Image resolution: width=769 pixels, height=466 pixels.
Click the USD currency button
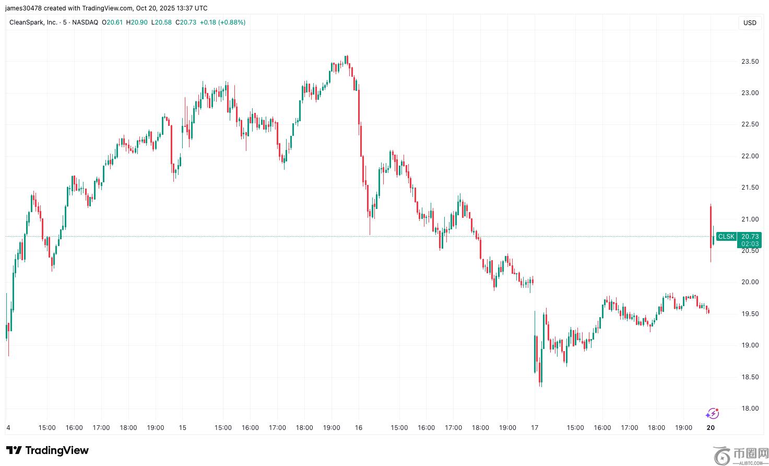(x=750, y=23)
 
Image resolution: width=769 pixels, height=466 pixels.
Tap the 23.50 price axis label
(x=750, y=62)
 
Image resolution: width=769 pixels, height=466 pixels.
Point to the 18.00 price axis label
(x=750, y=409)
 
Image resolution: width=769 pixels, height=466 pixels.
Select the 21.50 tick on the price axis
(x=750, y=188)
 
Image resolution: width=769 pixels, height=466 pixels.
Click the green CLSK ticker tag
(x=726, y=237)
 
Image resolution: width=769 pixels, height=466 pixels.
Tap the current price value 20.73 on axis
(x=749, y=237)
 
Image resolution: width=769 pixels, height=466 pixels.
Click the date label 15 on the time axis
(x=182, y=428)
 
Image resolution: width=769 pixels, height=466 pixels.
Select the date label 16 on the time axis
(x=358, y=428)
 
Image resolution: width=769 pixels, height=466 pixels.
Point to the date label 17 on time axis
(x=534, y=428)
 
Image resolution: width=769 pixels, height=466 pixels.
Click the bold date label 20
(x=711, y=428)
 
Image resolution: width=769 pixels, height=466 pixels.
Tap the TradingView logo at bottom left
(x=48, y=450)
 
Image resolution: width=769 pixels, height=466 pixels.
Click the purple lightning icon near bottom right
(x=712, y=414)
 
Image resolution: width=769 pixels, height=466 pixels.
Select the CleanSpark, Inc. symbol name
(x=33, y=22)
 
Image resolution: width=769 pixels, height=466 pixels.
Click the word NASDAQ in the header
(x=86, y=22)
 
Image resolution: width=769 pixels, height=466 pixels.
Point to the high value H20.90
(x=137, y=22)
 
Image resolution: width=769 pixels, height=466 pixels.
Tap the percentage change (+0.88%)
(x=231, y=22)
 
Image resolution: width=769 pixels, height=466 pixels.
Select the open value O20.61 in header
(x=112, y=22)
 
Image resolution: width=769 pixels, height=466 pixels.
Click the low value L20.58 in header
(x=161, y=22)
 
